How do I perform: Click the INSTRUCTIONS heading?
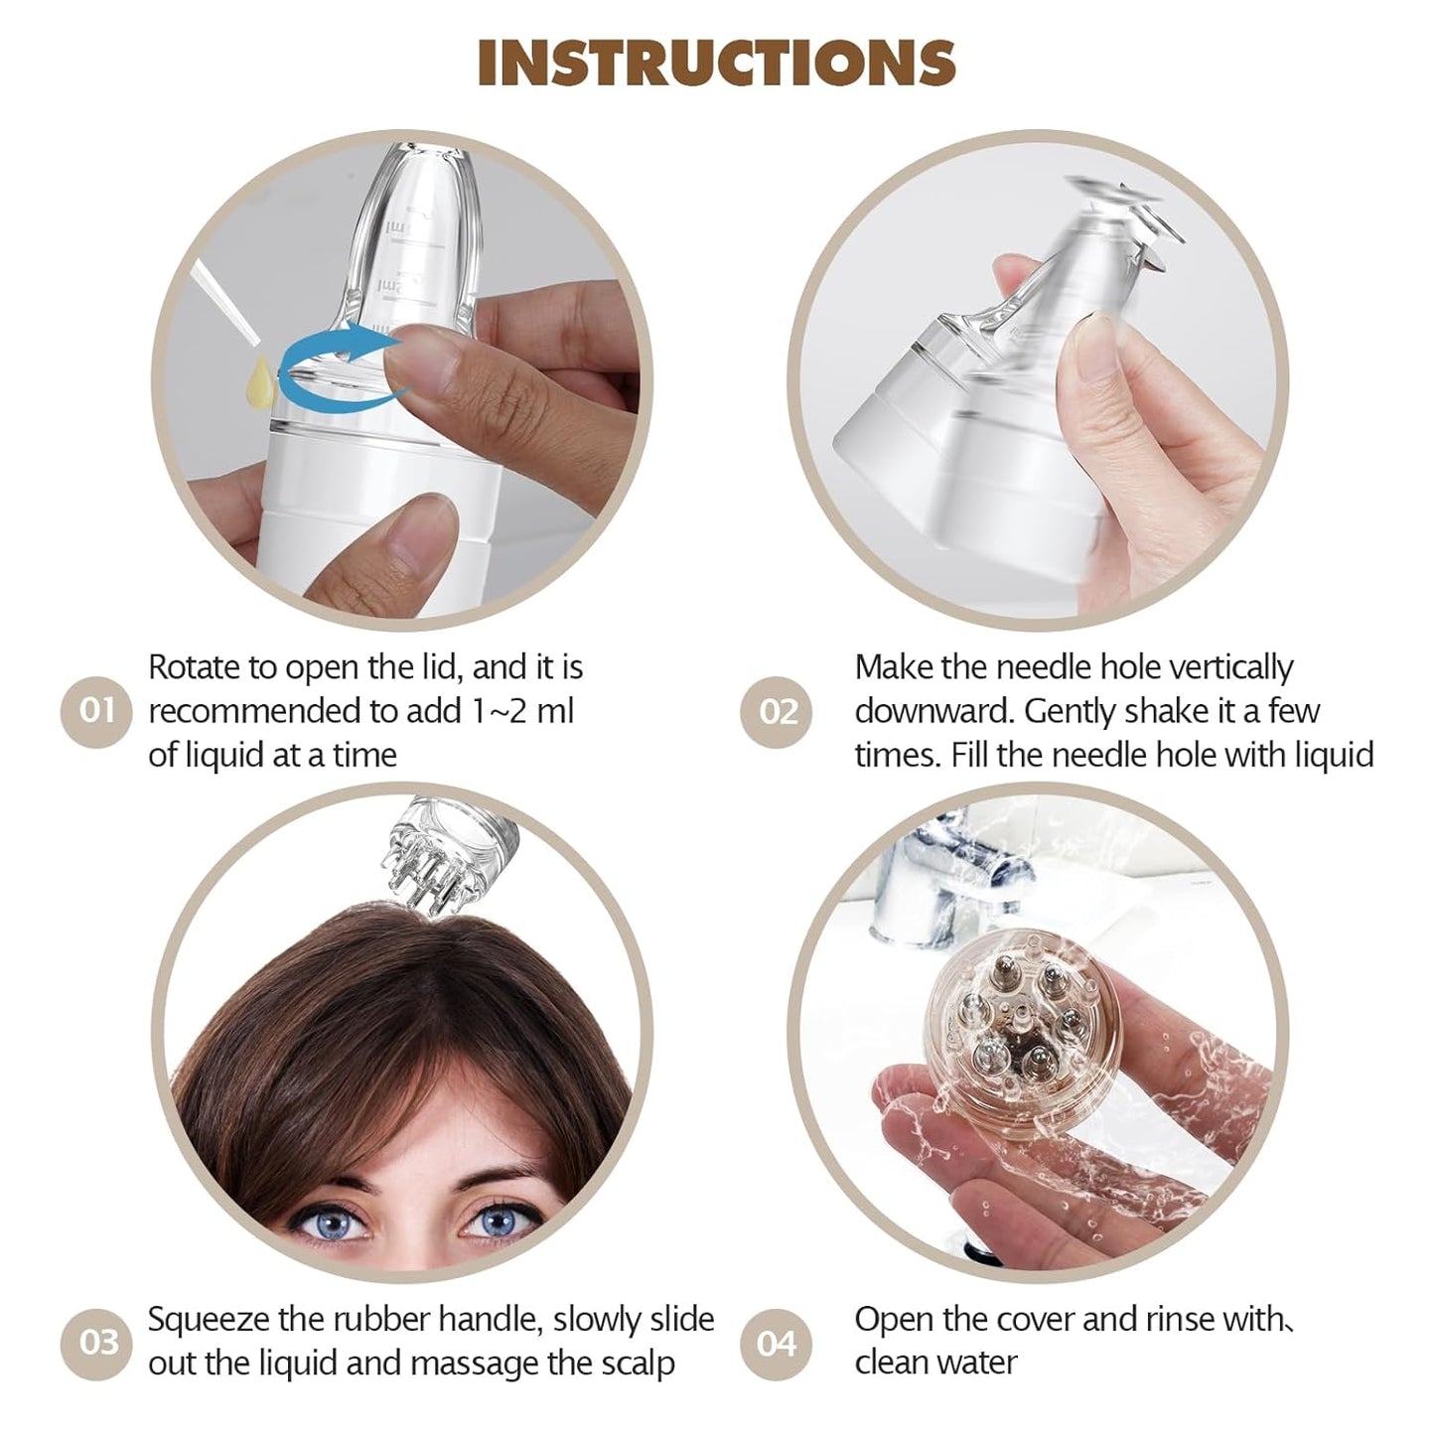pos(716,63)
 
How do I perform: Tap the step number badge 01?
pos(96,711)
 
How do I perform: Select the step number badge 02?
pos(777,711)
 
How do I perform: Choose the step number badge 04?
pos(777,1344)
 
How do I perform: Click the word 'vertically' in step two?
pos(1230,667)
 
